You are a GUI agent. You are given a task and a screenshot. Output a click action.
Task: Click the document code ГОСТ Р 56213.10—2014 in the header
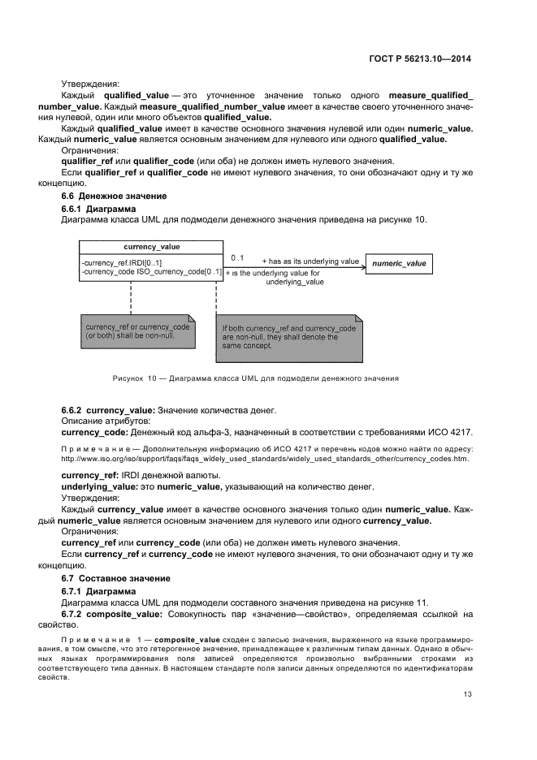421,58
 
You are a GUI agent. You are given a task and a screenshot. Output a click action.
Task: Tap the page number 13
468,693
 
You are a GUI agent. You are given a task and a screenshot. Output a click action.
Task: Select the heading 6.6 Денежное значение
115,196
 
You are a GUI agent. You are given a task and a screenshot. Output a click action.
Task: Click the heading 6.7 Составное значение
116,577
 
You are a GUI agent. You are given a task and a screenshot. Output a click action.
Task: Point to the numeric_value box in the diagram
398,264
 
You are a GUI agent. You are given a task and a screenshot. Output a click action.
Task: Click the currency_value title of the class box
151,246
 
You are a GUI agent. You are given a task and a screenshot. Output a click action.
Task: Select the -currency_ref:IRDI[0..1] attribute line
122,262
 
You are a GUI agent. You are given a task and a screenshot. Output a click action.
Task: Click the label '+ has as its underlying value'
310,261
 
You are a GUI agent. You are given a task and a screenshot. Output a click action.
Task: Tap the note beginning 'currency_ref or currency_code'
137,330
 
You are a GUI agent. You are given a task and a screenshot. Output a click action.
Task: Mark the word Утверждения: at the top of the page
90,84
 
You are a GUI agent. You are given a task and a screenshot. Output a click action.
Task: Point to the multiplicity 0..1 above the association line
237,258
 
